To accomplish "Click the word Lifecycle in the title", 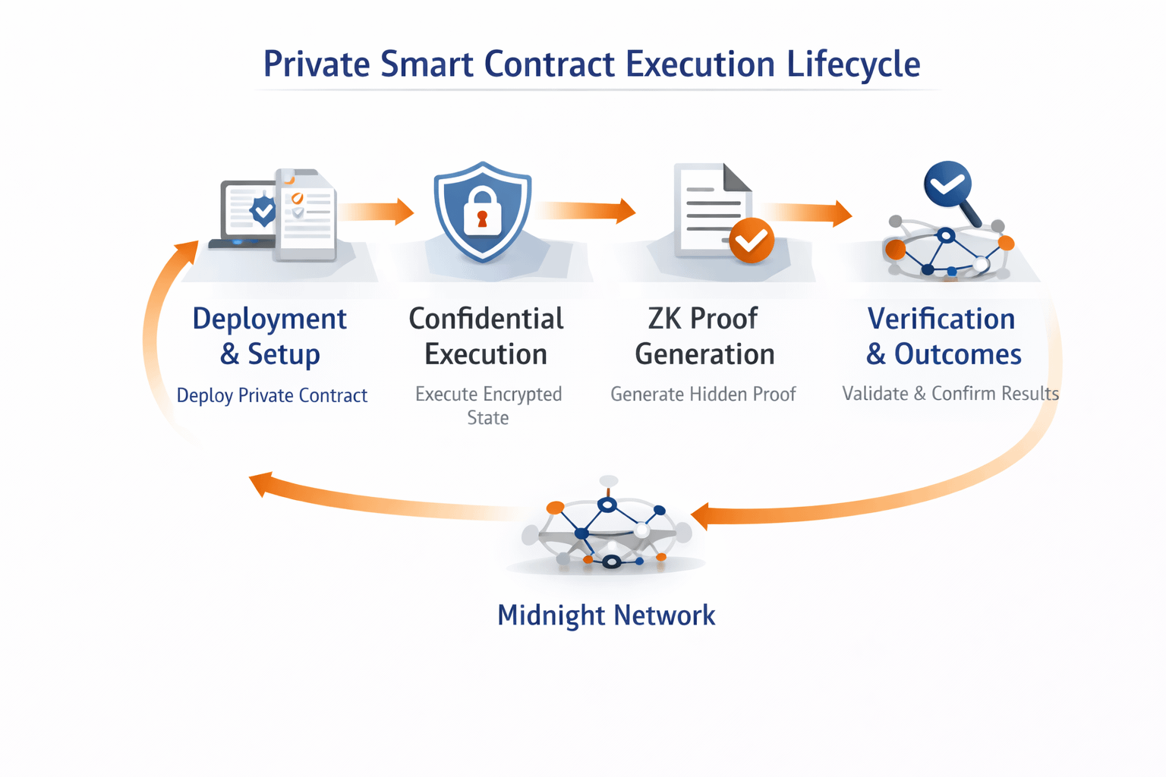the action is pyautogui.click(x=853, y=64).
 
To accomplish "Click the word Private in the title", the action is pyautogui.click(x=317, y=64).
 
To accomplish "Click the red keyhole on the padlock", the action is pyautogui.click(x=482, y=220).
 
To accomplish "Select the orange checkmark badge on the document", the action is pyautogui.click(x=751, y=241).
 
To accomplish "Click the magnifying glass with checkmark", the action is pyautogui.click(x=949, y=187).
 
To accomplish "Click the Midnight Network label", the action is pyautogui.click(x=606, y=615).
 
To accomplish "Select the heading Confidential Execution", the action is pyautogui.click(x=486, y=336).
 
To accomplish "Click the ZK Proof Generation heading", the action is pyautogui.click(x=704, y=336).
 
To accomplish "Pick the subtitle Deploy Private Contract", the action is pyautogui.click(x=272, y=395).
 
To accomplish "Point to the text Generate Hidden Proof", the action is pyautogui.click(x=703, y=394).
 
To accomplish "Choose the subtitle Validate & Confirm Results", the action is pyautogui.click(x=950, y=394).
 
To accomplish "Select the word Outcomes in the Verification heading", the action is pyautogui.click(x=957, y=354).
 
